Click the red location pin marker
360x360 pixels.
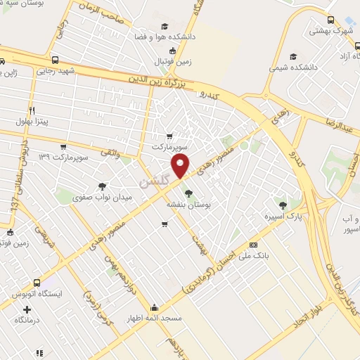181,166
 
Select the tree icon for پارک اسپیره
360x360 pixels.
283,205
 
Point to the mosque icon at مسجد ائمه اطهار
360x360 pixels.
155,307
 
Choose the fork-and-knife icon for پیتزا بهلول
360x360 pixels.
32,111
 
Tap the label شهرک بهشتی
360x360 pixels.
331,32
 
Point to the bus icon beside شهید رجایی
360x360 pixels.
56,60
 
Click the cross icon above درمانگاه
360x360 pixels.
27,309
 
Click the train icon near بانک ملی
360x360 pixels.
254,245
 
